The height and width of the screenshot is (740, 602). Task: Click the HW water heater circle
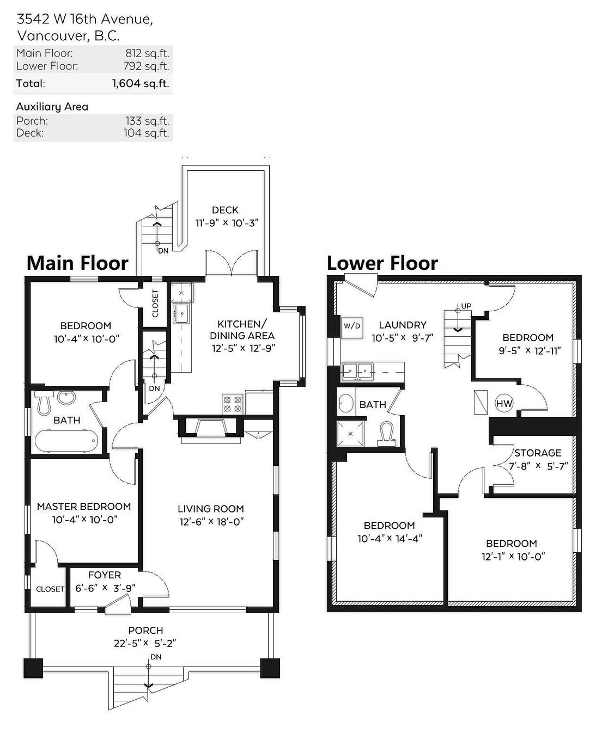pos(504,404)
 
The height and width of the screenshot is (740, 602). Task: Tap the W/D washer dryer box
pos(351,326)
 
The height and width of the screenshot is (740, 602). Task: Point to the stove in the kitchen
pos(233,404)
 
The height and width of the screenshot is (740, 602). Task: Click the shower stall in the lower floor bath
pos(350,433)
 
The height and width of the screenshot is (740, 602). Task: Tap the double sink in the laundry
pos(357,371)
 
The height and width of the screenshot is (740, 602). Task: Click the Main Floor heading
pos(77,263)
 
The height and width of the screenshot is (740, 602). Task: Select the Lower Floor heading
pos(382,263)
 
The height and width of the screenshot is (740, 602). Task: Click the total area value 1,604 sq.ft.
pos(141,83)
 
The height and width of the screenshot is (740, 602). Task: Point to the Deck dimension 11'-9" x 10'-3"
pos(226,223)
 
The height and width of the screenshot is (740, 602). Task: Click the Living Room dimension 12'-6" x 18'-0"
pos(210,522)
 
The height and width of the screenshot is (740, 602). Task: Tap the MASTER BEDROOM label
pos(84,506)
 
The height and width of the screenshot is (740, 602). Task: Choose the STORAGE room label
pos(537,453)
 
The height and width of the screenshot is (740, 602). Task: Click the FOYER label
pos(105,575)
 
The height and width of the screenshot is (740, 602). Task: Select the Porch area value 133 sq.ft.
pos(147,121)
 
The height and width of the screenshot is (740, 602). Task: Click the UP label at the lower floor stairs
pos(466,306)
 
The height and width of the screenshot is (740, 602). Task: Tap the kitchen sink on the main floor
pos(181,313)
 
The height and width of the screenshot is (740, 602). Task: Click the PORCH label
pos(145,630)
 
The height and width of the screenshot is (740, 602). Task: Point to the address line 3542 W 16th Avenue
pos(84,19)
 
